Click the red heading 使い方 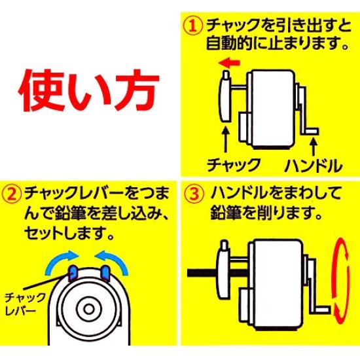click(88, 90)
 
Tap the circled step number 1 click(193, 26)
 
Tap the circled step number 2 click(11, 194)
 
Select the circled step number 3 click(194, 194)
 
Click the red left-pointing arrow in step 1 click(229, 62)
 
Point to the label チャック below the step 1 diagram click(234, 164)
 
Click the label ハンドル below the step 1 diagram click(314, 166)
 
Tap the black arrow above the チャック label click(226, 139)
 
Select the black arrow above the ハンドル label click(314, 147)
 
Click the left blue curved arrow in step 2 click(58, 259)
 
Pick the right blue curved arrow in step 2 click(115, 259)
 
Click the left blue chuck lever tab click(73, 273)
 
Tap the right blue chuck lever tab click(105, 273)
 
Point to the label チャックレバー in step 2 click(25, 304)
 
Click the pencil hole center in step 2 click(88, 309)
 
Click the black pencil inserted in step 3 click(203, 272)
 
